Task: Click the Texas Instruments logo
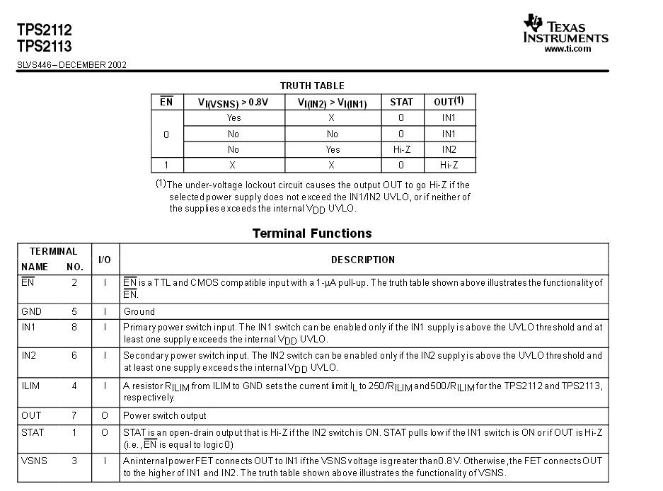(x=565, y=30)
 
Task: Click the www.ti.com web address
(x=567, y=49)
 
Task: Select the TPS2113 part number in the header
(x=44, y=46)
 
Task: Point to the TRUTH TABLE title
(x=312, y=86)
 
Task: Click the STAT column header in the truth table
(x=401, y=102)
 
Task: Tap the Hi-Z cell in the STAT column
(x=401, y=149)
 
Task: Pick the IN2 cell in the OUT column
(x=449, y=149)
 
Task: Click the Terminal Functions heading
(x=311, y=233)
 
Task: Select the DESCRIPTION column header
(x=362, y=260)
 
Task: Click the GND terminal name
(x=31, y=311)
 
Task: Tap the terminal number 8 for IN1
(x=74, y=327)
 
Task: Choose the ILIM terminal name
(x=30, y=386)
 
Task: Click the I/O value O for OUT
(x=105, y=415)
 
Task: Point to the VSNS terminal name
(x=34, y=461)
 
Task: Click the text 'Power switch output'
(x=165, y=415)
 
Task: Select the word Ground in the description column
(x=139, y=311)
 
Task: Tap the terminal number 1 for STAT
(x=74, y=431)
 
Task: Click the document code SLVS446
(x=35, y=65)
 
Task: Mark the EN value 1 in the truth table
(x=166, y=165)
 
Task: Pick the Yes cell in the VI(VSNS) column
(x=234, y=118)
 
